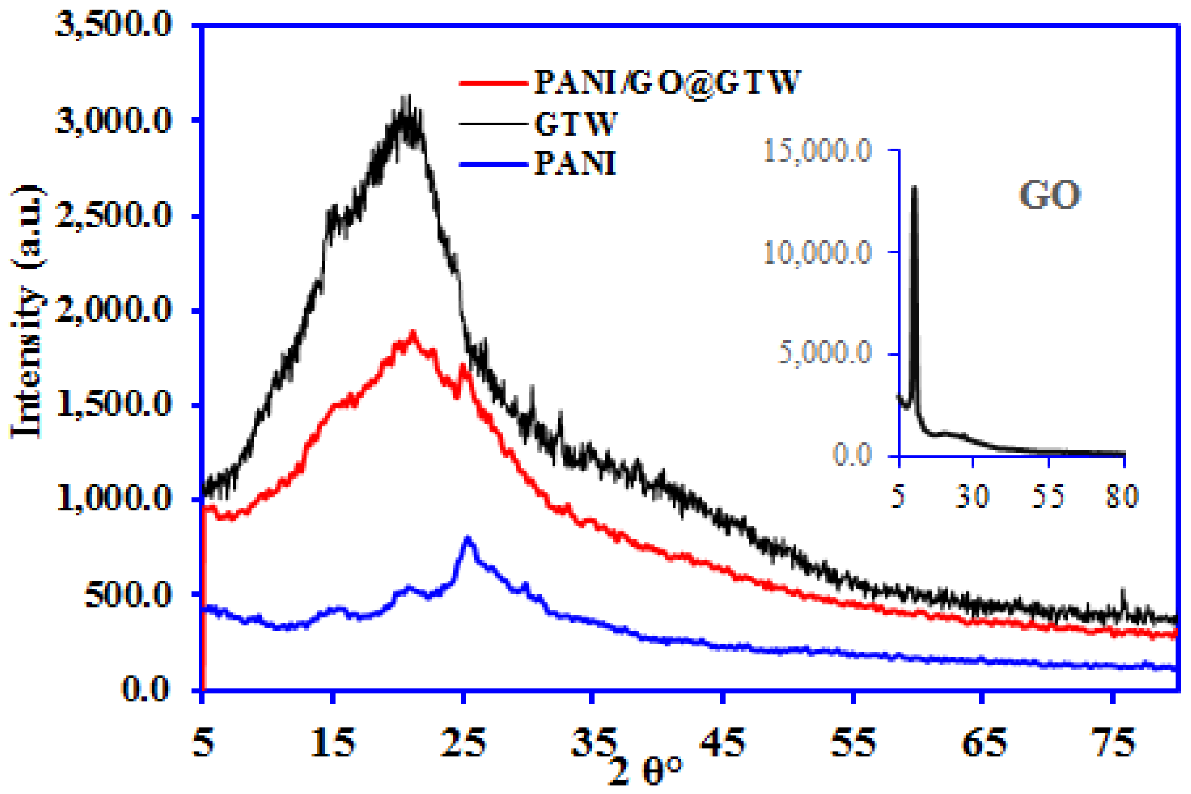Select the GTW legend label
tap(575, 124)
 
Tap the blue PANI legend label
tap(574, 163)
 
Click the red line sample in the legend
tap(493, 83)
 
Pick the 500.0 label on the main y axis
tap(128, 594)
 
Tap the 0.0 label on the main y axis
tap(146, 689)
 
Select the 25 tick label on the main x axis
tap(463, 743)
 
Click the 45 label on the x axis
tap(723, 743)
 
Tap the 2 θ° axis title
tap(645, 770)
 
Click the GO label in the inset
tap(1049, 195)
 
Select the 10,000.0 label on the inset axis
tap(817, 253)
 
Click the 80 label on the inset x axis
tap(1122, 495)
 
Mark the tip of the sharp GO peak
tap(914, 187)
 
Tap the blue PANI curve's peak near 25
tap(468, 538)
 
